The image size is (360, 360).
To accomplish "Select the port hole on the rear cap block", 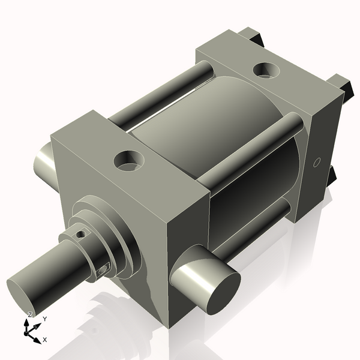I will pyautogui.click(x=265, y=70).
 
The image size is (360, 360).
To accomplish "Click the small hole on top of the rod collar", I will pyautogui.click(x=79, y=235).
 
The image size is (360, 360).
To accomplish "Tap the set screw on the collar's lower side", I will pyautogui.click(x=103, y=271).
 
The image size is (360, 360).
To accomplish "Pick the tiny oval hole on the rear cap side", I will pyautogui.click(x=318, y=162).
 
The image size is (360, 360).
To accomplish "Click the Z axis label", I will pyautogui.click(x=30, y=315).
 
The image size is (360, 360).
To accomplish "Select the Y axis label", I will pyautogui.click(x=44, y=319).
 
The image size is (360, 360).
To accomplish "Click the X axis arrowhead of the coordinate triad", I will pyautogui.click(x=37, y=340).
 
